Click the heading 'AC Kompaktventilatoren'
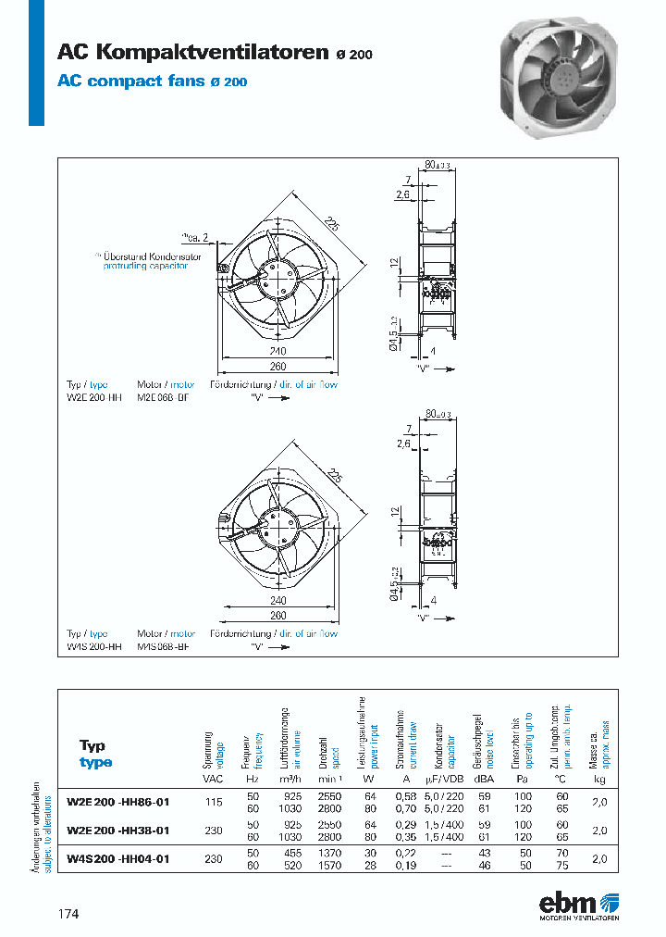pos(191,53)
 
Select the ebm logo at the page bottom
pos(579,905)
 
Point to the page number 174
pos(68,914)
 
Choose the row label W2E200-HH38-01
pos(118,831)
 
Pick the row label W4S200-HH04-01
pos(118,858)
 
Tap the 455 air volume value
pos(291,853)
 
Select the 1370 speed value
pos(330,853)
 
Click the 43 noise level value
pos(482,853)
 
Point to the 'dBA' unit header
pos(482,780)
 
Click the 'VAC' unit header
pos(213,780)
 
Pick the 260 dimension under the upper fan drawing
pos(277,366)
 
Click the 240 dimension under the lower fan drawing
pos(277,600)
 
